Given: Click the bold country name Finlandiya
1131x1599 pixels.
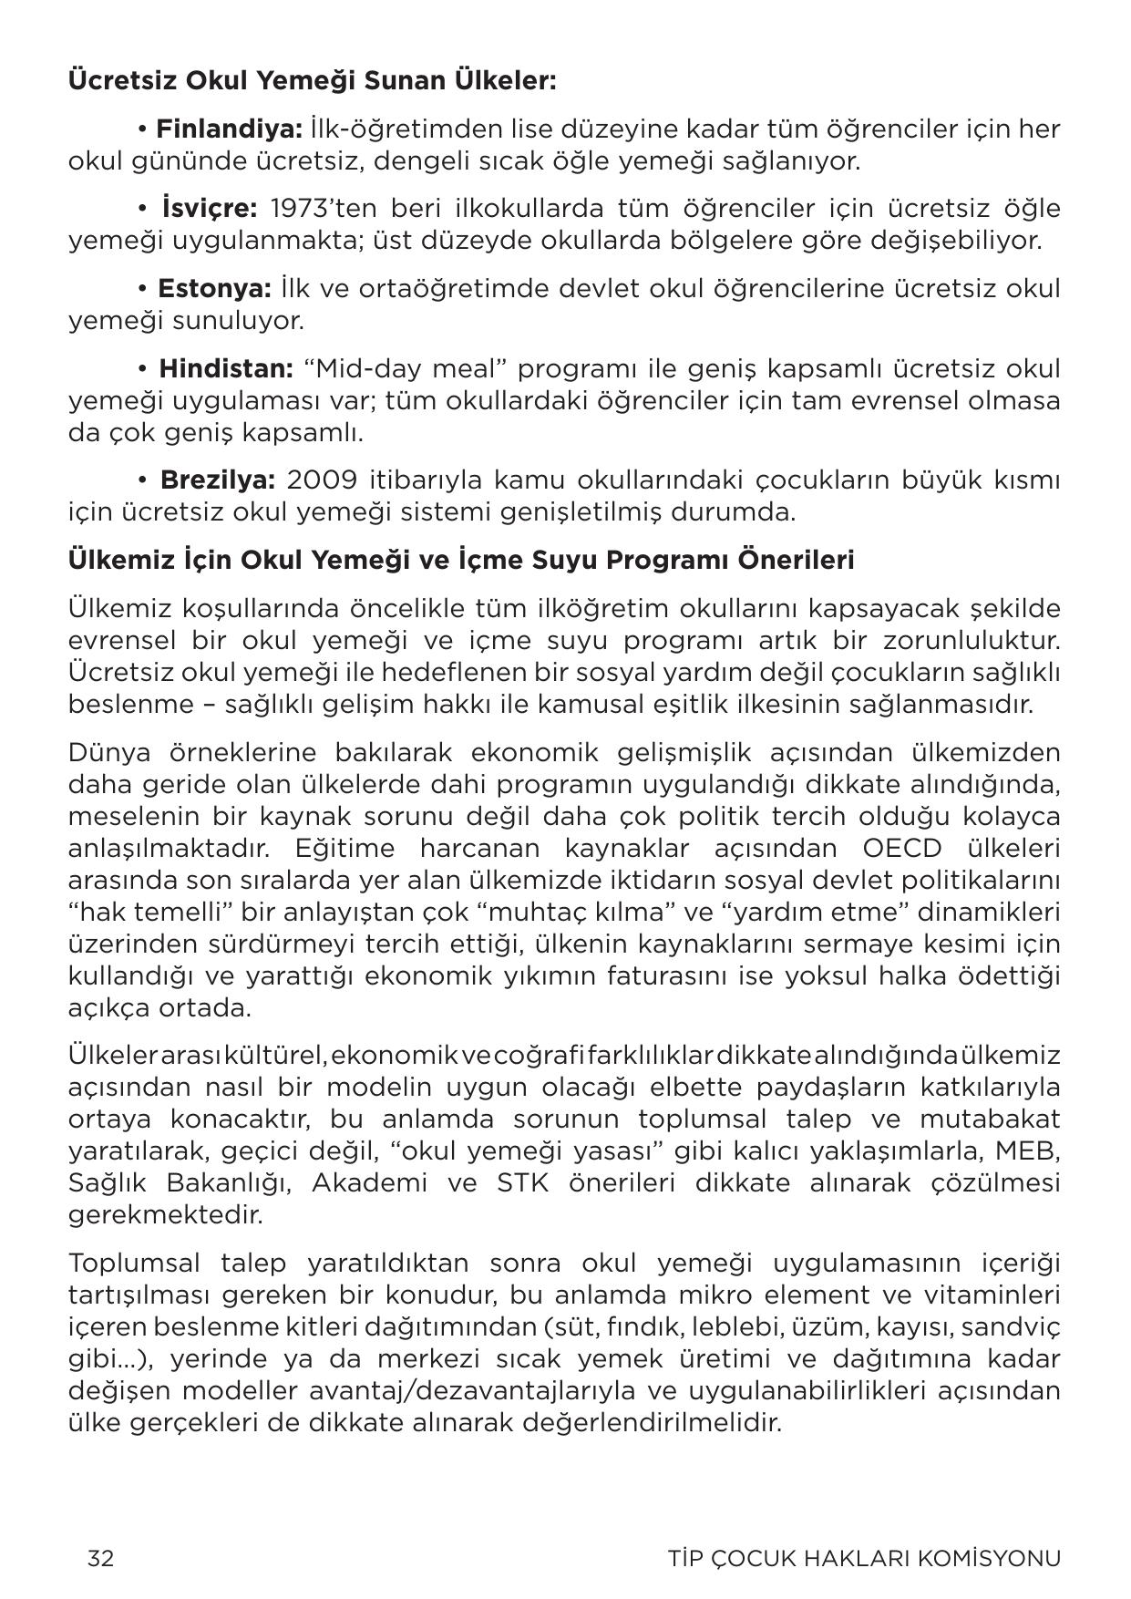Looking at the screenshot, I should tap(229, 129).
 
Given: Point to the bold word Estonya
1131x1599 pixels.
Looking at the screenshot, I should tap(214, 289).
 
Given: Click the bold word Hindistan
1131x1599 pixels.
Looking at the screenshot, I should tap(225, 369).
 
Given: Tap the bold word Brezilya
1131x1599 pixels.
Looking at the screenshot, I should tap(217, 480).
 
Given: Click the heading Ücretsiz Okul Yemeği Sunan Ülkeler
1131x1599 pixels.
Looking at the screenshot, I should tap(312, 81).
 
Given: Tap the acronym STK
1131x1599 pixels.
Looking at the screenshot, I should tap(522, 1183).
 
